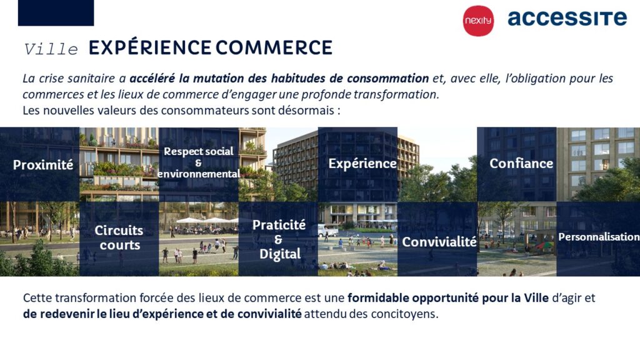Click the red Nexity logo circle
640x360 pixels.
click(478, 21)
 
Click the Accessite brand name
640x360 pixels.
click(567, 18)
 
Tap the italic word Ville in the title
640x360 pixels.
click(51, 49)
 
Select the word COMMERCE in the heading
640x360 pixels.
click(274, 47)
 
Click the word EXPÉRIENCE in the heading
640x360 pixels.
click(150, 47)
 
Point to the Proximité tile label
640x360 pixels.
click(43, 164)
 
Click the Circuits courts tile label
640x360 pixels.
click(119, 237)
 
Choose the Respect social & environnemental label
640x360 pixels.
click(199, 162)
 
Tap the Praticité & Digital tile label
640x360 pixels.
click(279, 239)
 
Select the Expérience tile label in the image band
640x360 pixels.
click(362, 164)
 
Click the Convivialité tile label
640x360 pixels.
click(439, 242)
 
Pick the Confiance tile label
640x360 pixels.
click(521, 163)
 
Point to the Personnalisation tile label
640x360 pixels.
click(599, 237)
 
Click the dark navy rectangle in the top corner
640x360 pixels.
click(56, 12)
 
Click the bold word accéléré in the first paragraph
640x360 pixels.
click(152, 78)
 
